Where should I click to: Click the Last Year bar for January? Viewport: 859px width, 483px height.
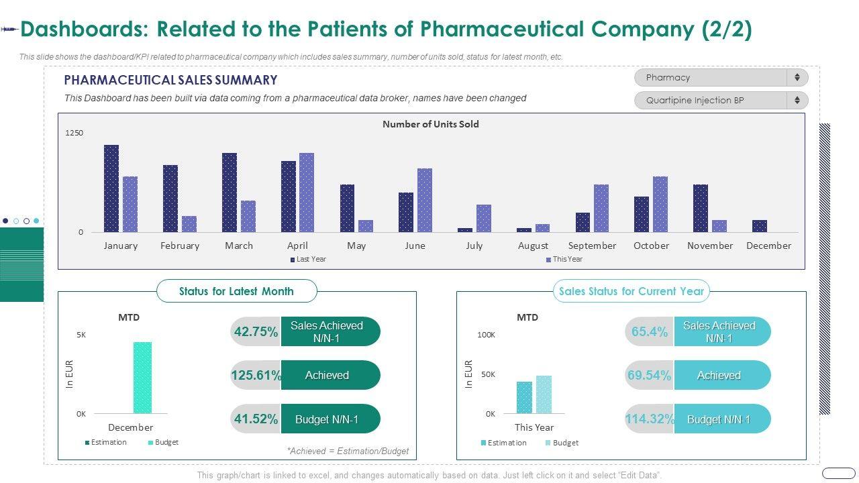[111, 189]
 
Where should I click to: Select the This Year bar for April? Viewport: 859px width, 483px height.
[307, 193]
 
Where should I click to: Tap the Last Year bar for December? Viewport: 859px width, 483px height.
[760, 226]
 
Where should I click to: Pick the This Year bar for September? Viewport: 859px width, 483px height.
[601, 209]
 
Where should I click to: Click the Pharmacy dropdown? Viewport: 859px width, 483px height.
[721, 78]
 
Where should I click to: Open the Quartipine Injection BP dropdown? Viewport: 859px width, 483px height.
[721, 101]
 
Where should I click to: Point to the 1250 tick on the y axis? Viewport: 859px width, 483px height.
[74, 133]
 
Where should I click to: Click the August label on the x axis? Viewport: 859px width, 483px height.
[533, 246]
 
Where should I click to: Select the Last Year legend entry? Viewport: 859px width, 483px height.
[308, 259]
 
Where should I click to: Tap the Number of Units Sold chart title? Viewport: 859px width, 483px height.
[431, 124]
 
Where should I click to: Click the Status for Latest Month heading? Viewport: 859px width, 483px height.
[236, 291]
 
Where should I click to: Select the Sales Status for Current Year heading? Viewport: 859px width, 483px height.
[631, 291]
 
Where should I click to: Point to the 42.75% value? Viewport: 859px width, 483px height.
[255, 331]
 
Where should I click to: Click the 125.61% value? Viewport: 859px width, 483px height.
[256, 376]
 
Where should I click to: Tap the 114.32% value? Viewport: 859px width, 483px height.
[649, 419]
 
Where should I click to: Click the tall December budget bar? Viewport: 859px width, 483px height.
[142, 378]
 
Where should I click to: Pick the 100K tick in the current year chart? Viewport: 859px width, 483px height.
[486, 335]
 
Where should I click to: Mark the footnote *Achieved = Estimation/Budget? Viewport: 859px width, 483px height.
[348, 451]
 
